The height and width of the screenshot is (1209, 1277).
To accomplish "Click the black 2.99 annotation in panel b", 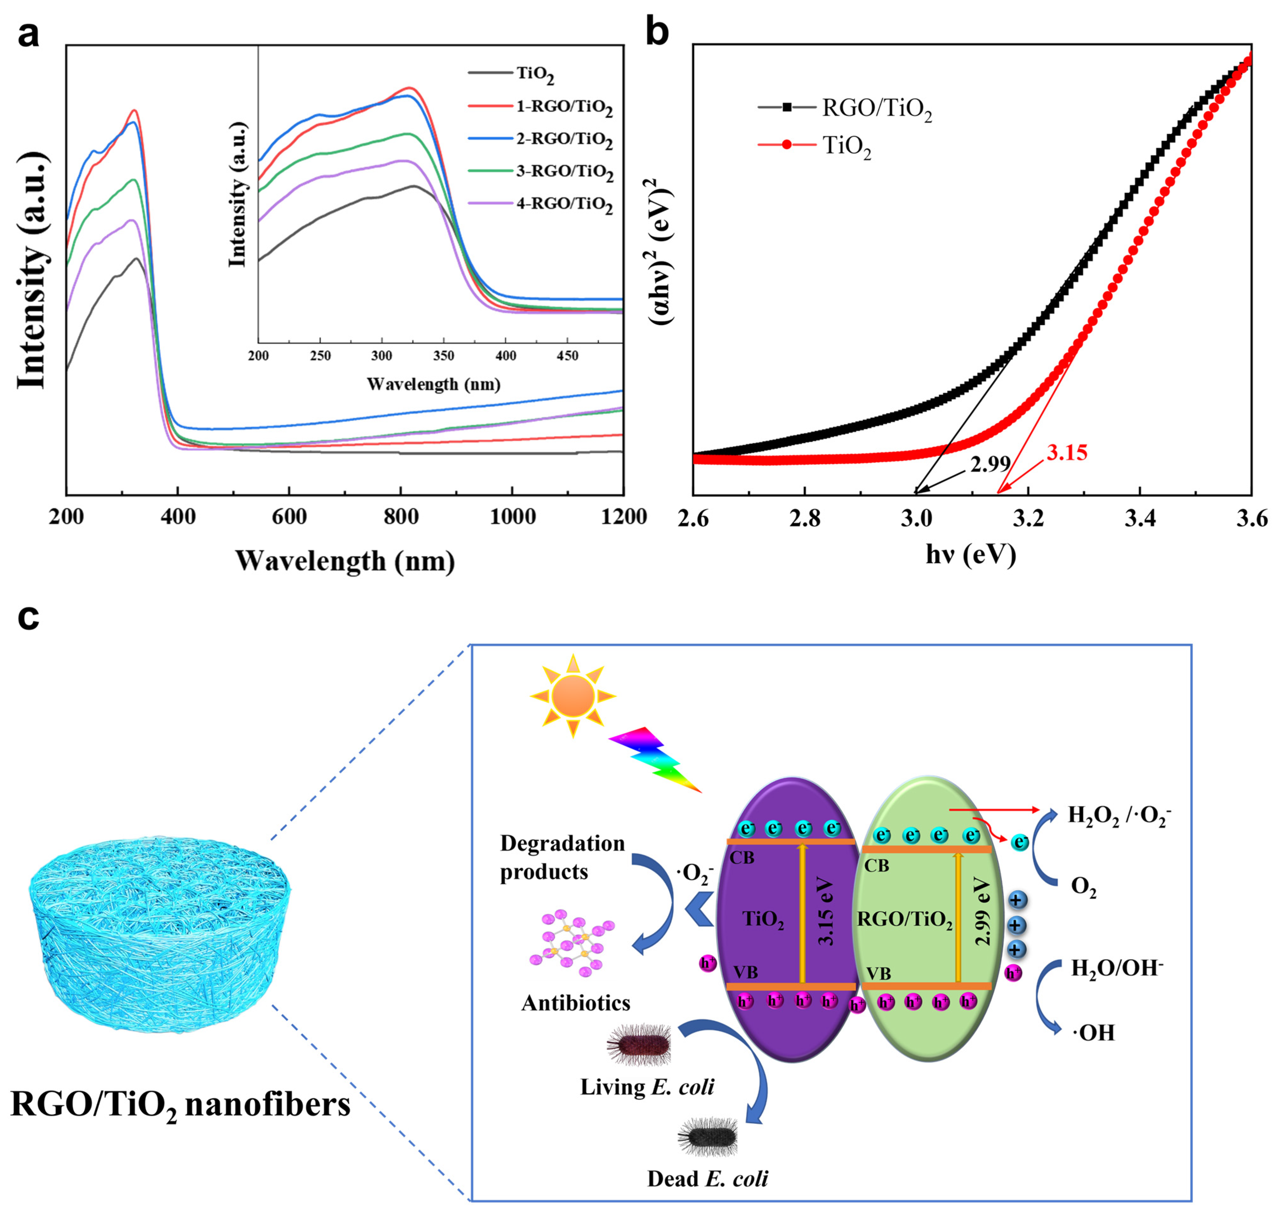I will pos(990,464).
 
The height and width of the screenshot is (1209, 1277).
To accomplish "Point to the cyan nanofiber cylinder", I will pos(158,936).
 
